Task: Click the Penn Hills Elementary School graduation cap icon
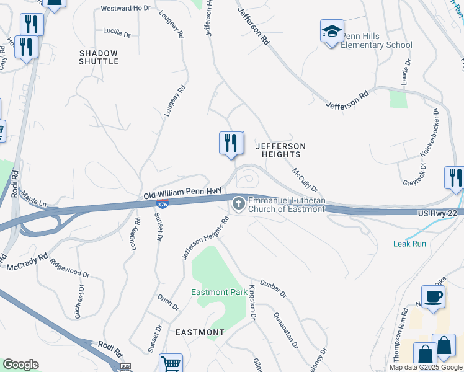pyautogui.click(x=332, y=31)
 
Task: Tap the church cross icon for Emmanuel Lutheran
pyautogui.click(x=238, y=203)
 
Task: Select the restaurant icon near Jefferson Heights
pyautogui.click(x=230, y=143)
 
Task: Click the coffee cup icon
pyautogui.click(x=432, y=297)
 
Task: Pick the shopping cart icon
pyautogui.click(x=171, y=364)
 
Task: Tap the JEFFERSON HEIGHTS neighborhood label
pyautogui.click(x=281, y=150)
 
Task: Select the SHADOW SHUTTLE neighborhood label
pyautogui.click(x=99, y=57)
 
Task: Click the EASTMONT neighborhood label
pyautogui.click(x=200, y=332)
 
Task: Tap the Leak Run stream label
pyautogui.click(x=409, y=244)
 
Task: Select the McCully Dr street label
pyautogui.click(x=305, y=179)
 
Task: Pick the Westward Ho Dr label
pyautogui.click(x=125, y=8)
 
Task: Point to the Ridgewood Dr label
pyautogui.click(x=69, y=267)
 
